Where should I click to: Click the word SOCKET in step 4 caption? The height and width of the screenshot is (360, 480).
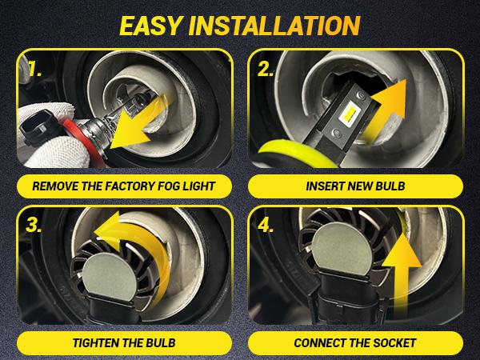[x=392, y=342]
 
